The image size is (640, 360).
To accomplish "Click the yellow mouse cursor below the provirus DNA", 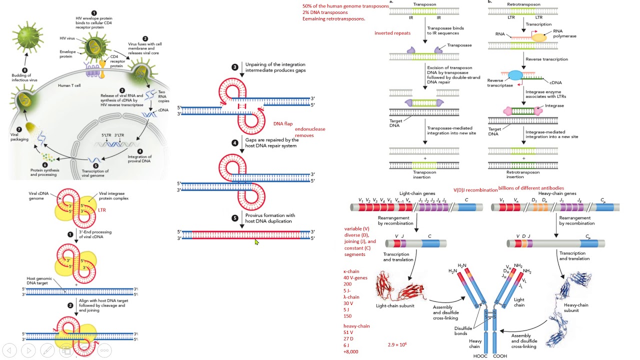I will click(256, 242).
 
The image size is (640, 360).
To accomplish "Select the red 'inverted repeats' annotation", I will click(392, 33).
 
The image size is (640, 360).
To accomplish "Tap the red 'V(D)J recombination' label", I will click(475, 190).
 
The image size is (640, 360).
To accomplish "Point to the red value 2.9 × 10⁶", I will click(397, 344).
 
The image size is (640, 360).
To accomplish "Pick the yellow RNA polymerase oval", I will click(539, 37).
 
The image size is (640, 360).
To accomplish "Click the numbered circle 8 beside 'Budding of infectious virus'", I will click(24, 71).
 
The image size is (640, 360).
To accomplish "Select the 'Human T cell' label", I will click(69, 85).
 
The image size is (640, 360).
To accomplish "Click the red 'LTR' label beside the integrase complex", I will click(102, 210).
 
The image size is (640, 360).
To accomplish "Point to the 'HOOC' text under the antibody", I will click(480, 356).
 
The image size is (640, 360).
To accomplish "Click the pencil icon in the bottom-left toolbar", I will click(47, 350).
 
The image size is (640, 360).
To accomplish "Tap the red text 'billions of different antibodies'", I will click(531, 188).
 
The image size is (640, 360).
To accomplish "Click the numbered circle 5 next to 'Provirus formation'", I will click(235, 218).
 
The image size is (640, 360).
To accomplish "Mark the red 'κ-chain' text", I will click(351, 271).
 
